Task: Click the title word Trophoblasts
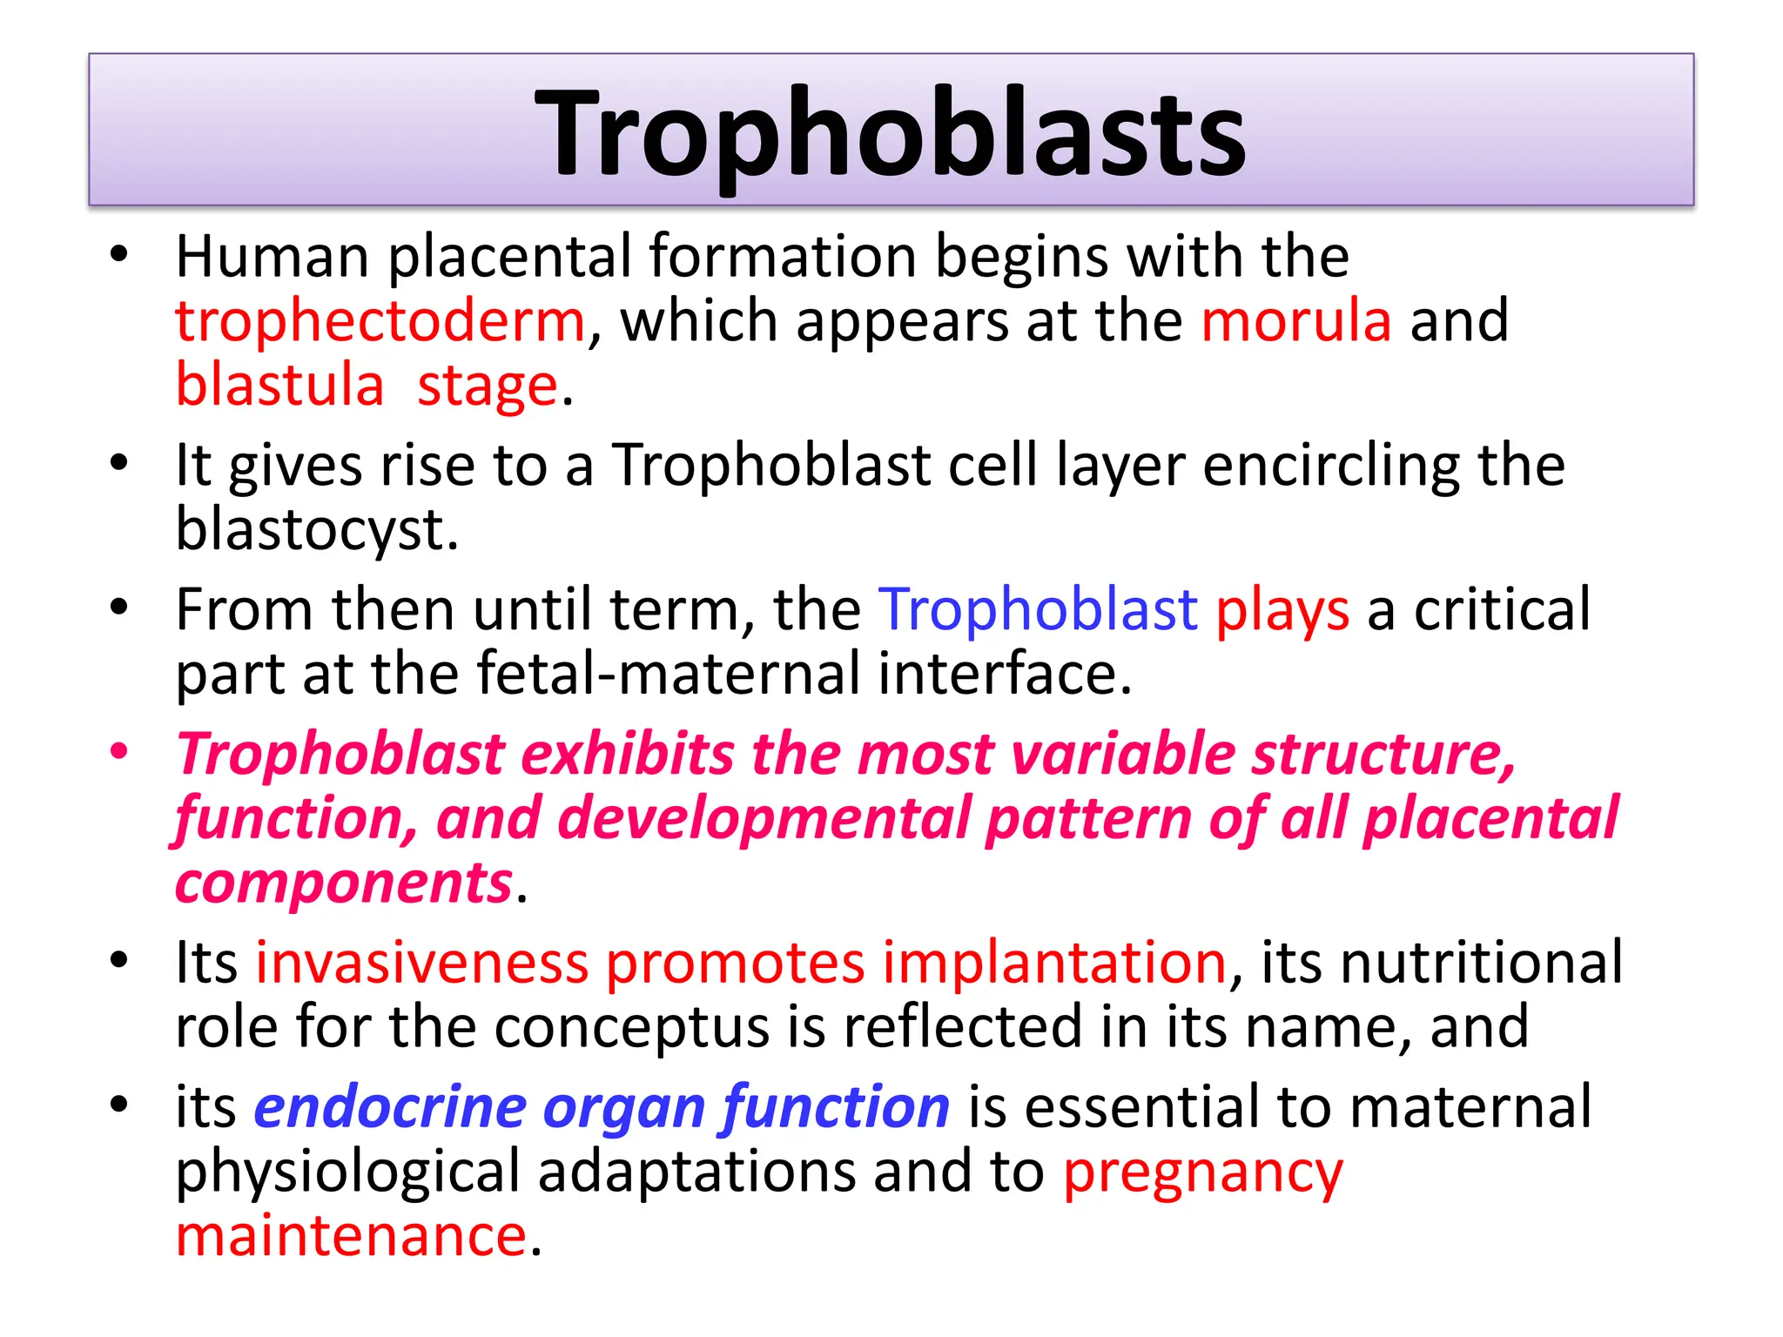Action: (x=890, y=135)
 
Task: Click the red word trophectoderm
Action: (x=380, y=321)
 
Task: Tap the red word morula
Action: (x=1295, y=321)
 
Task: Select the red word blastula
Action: (x=279, y=386)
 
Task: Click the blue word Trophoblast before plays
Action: (x=1037, y=609)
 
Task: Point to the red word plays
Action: (x=1282, y=611)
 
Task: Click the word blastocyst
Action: (x=315, y=531)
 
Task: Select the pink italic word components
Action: (x=344, y=884)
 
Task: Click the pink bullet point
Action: (x=119, y=751)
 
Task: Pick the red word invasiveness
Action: (x=421, y=963)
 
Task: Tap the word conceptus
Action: (x=631, y=1027)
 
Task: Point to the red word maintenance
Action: (x=351, y=1236)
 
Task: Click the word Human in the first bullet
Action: (x=272, y=257)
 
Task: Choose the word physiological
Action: (x=347, y=1172)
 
